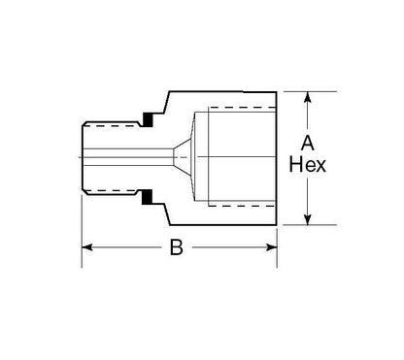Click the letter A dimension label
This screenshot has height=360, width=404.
click(x=307, y=144)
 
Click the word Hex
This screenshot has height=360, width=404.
click(x=307, y=165)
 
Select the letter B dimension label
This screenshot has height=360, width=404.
click(x=177, y=247)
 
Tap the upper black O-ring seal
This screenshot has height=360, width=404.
click(x=148, y=119)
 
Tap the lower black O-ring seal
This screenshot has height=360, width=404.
click(x=148, y=197)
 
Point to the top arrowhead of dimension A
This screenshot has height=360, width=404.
click(x=308, y=97)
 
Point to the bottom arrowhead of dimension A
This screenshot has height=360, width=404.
click(x=308, y=219)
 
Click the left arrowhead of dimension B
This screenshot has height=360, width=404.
click(x=87, y=247)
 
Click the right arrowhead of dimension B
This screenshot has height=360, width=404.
click(x=271, y=247)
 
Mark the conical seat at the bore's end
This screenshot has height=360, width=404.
click(x=183, y=157)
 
